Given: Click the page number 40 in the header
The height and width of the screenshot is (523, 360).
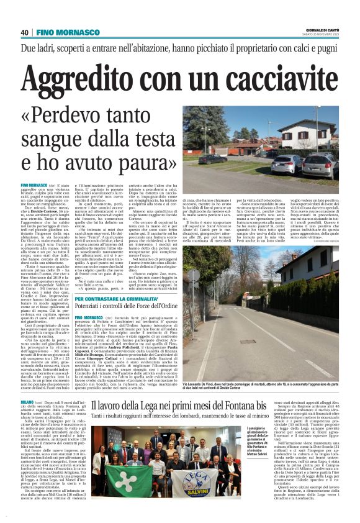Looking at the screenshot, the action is coord(25,32).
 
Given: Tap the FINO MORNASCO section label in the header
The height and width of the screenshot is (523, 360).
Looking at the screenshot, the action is coord(63,32).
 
